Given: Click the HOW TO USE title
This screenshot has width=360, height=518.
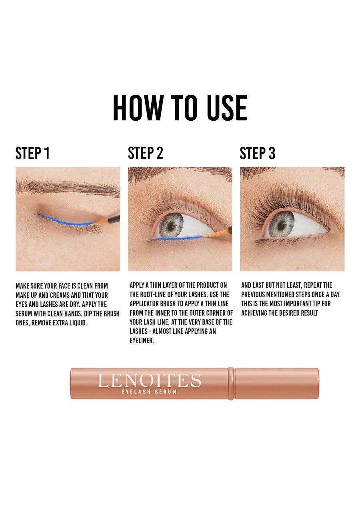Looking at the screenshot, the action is [180, 108].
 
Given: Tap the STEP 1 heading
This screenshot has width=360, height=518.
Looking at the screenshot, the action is [33, 153].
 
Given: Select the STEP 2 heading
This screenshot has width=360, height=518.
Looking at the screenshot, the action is [146, 153].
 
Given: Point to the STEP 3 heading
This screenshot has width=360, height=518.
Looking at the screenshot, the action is [258, 153].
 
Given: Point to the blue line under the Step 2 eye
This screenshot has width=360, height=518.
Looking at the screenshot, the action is [176, 238].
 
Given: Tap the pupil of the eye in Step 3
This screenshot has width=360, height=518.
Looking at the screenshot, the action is [282, 225].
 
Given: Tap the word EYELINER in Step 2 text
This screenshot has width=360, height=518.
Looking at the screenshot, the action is [142, 341].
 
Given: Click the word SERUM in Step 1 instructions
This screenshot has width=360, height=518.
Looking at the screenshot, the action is [24, 314].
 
